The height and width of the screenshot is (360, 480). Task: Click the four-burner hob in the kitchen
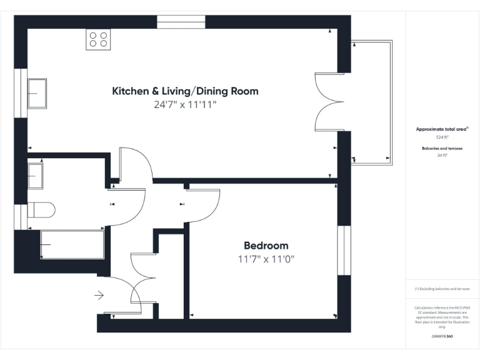click(99, 39)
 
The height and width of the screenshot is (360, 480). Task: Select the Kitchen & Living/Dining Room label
click(185, 91)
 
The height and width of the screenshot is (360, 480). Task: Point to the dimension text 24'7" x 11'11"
click(185, 105)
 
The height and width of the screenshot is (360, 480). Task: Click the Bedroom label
click(266, 246)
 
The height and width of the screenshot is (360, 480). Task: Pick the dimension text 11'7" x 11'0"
click(266, 259)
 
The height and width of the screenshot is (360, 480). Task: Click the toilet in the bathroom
click(41, 209)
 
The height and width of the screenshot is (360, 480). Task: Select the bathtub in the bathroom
click(71, 244)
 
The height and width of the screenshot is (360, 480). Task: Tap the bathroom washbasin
click(35, 174)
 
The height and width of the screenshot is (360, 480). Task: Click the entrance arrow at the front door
click(99, 295)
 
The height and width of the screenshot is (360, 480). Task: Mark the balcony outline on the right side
click(374, 102)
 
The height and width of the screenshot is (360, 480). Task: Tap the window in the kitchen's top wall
click(181, 22)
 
